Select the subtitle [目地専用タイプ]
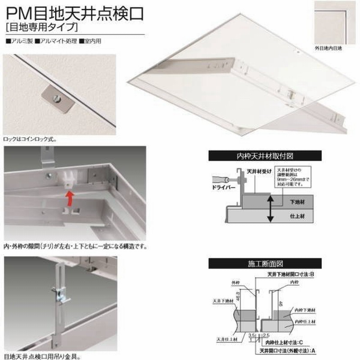(x=40, y=28)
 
